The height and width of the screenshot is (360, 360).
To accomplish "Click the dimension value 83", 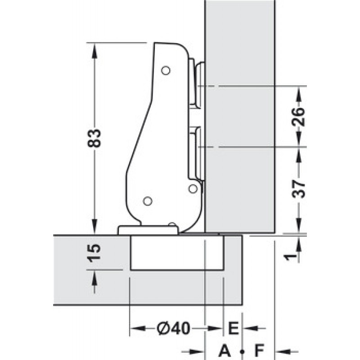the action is (94, 138).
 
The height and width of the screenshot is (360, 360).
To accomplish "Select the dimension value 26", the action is (298, 117).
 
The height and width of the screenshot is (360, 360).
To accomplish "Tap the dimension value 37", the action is (298, 189).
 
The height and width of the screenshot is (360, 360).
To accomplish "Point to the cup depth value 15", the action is (94, 253).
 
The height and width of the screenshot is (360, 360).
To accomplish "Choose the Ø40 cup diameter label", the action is (174, 328).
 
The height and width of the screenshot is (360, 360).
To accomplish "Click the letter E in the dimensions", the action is (233, 328).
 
